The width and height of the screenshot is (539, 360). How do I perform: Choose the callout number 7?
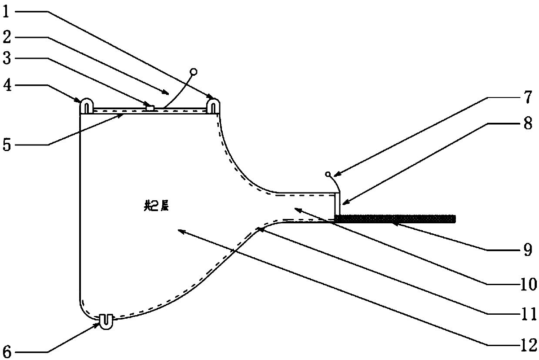coord(527,98)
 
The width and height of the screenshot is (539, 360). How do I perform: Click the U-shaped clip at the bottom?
coord(104,321)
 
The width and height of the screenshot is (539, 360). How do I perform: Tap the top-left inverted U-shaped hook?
coord(86,106)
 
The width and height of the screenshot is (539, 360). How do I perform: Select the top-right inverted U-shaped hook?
coord(213,106)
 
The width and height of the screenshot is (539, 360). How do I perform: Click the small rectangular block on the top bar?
coord(150,107)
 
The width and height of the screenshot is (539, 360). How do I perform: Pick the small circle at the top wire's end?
coord(194,71)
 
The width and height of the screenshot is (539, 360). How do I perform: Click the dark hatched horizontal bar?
coord(394,219)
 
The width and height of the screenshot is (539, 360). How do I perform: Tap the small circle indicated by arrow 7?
coord(328,175)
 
